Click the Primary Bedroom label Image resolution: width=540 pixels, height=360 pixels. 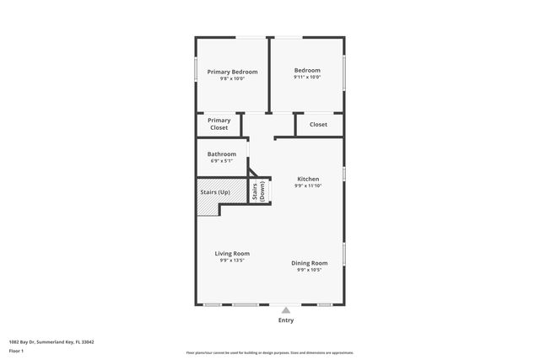pos(232,72)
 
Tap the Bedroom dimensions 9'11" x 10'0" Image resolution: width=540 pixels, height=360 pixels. pos(307,78)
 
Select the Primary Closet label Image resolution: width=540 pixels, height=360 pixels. pos(219,124)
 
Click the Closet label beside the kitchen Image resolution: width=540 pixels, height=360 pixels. pos(318,124)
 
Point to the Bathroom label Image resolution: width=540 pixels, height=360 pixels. pos(222,153)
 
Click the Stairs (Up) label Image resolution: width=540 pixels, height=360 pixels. pos(215,192)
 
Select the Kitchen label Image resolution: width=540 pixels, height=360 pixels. pos(308,179)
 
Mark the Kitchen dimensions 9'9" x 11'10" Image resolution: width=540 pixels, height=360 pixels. pos(308,185)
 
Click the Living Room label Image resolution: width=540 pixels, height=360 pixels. pos(232,253)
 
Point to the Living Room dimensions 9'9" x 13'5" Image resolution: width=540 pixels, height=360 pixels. pos(232,261)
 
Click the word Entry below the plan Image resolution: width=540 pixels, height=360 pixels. pos(286,320)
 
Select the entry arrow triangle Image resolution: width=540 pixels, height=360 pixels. pos(286,309)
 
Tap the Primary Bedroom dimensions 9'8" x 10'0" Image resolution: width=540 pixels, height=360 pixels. pos(232,79)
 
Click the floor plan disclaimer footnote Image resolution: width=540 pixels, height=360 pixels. pos(269,352)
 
